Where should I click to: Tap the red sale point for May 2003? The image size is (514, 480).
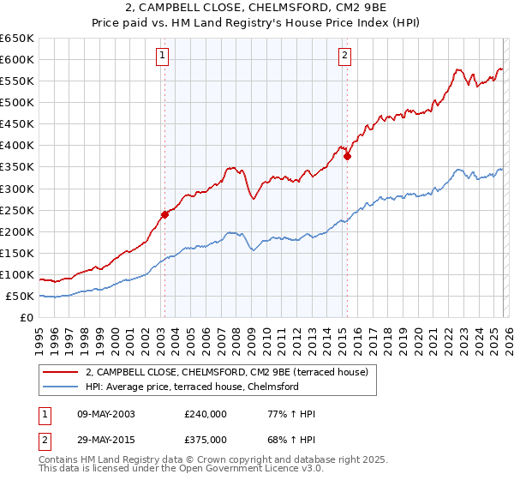click(x=164, y=214)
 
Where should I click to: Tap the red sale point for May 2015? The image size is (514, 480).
click(x=347, y=157)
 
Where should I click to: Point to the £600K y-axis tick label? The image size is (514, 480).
click(x=17, y=59)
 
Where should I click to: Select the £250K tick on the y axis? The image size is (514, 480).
click(x=17, y=210)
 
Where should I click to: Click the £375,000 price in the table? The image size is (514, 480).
click(x=206, y=439)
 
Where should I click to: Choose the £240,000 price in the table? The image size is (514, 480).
click(x=206, y=414)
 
